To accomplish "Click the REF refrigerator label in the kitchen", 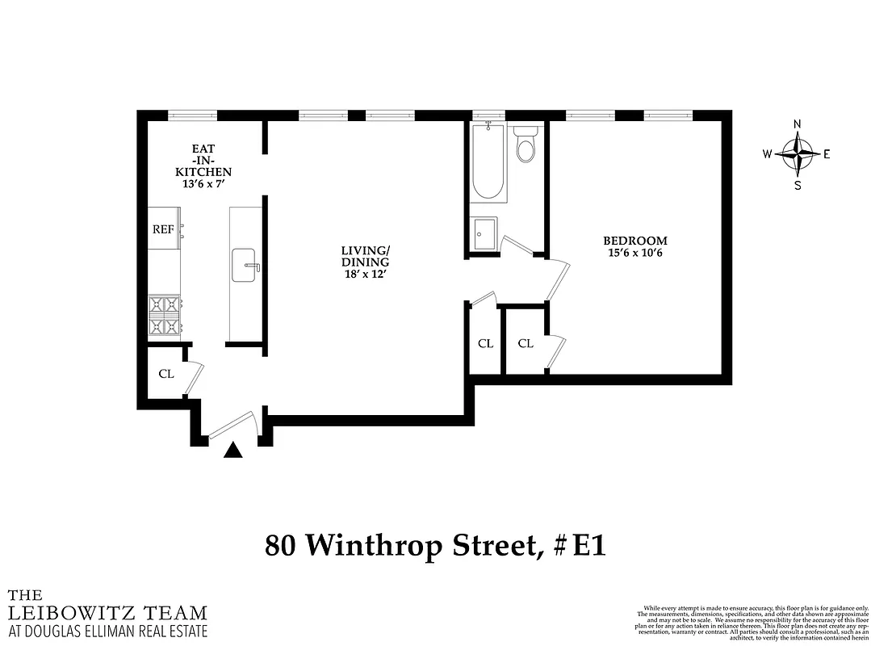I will (x=164, y=229).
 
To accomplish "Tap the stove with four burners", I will (x=165, y=316).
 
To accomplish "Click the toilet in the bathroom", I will (x=526, y=145).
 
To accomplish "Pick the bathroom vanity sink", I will (x=486, y=235).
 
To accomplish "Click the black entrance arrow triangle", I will (x=232, y=451).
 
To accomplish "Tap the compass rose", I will (x=798, y=153).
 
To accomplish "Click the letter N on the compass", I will (x=798, y=124).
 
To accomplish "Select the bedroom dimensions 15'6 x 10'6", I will (x=635, y=254).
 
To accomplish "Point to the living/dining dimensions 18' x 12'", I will (x=365, y=275).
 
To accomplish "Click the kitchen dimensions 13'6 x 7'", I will (x=207, y=184).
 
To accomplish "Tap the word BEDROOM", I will (x=635, y=241).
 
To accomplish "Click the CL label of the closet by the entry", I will (x=166, y=374).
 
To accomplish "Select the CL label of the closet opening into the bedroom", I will (x=526, y=343).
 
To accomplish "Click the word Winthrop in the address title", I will (x=419, y=546).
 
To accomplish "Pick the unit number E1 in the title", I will (x=588, y=546).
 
